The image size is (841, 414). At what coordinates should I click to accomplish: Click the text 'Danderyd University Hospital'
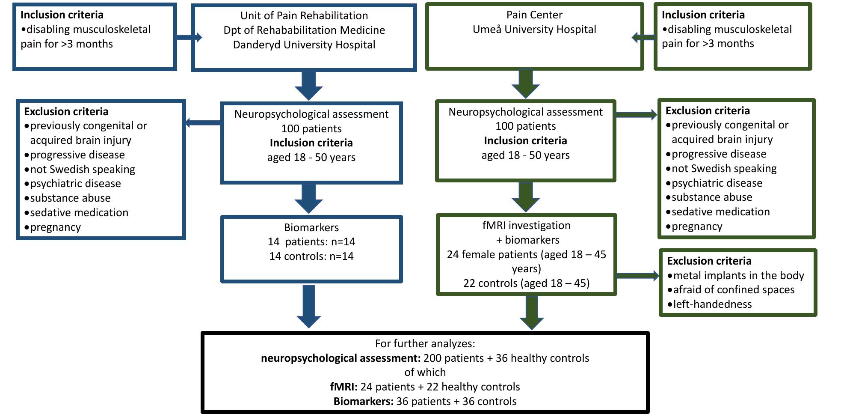click(x=304, y=45)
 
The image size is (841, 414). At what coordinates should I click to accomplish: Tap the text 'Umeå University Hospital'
click(x=534, y=30)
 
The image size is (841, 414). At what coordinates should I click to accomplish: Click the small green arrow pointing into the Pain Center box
click(x=643, y=38)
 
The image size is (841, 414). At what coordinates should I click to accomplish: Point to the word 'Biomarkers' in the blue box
click(x=311, y=227)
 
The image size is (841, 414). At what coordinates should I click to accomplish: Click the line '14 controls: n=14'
click(x=311, y=256)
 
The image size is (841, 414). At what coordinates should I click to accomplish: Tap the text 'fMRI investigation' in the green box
click(x=526, y=226)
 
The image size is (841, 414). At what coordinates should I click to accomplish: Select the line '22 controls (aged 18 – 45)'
click(x=526, y=283)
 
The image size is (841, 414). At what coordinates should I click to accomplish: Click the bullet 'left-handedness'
click(x=712, y=304)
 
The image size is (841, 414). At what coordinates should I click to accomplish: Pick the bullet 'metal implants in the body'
click(x=738, y=276)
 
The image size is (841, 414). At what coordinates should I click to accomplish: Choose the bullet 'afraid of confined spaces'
click(x=734, y=290)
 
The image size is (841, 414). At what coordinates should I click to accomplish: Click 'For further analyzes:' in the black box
click(x=425, y=344)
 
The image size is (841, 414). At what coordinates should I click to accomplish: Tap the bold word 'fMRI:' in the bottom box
click(x=344, y=387)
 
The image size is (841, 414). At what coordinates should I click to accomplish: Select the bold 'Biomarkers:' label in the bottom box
click(x=363, y=402)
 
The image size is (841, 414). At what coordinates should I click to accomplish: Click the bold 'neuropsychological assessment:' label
click(x=341, y=358)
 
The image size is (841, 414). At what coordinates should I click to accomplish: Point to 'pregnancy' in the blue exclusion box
click(x=55, y=227)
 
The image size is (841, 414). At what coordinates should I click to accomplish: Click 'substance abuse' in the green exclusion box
click(x=712, y=197)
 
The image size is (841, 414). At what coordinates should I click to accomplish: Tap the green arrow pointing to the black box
click(x=531, y=313)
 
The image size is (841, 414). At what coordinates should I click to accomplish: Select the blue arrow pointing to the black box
click(x=308, y=306)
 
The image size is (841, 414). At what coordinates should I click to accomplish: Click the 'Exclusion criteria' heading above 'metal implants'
click(x=709, y=261)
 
